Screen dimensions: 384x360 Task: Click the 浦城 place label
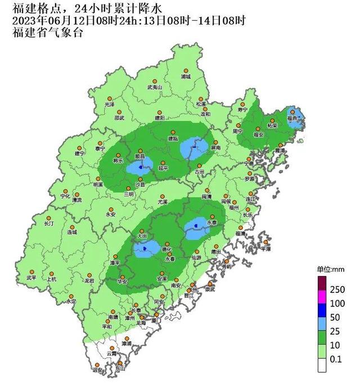pyautogui.click(x=186, y=76)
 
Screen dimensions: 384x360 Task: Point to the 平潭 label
pyautogui.click(x=265, y=248)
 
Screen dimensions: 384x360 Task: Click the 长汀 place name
pyautogui.click(x=49, y=224)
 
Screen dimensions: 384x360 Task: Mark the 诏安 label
pyautogui.click(x=97, y=370)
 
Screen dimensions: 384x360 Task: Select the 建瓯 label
pyautogui.click(x=173, y=138)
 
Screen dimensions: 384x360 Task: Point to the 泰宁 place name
pyautogui.click(x=100, y=148)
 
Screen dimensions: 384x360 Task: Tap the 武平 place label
pyautogui.click(x=31, y=278)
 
